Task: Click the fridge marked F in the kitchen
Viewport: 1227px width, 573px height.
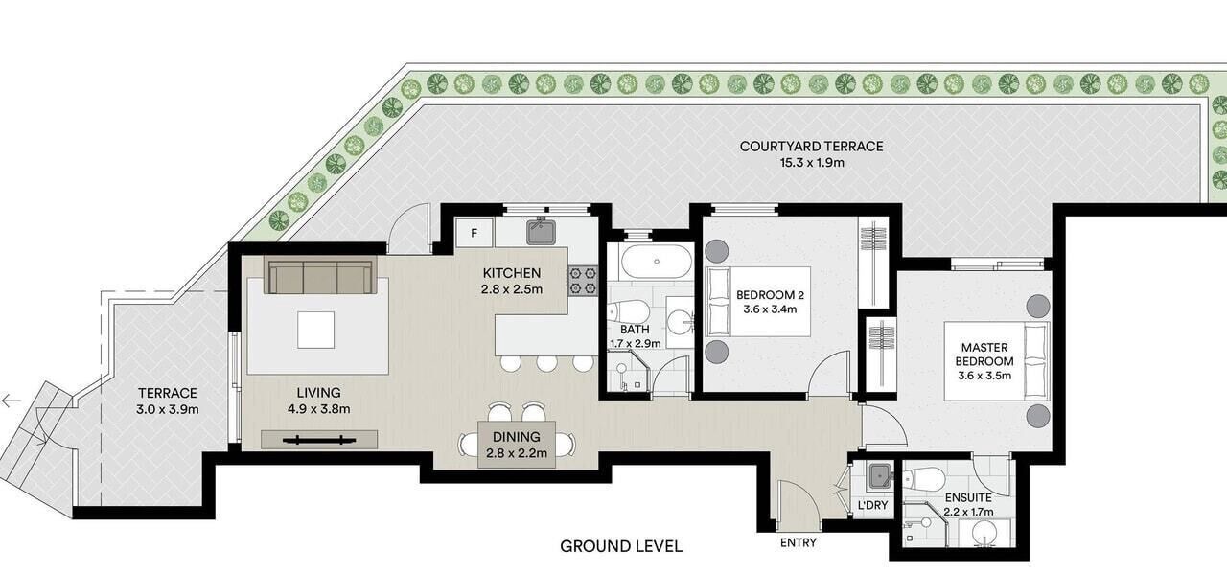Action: coord(475,233)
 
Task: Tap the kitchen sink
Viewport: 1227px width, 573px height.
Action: coord(542,232)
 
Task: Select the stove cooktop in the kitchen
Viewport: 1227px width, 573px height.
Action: coord(583,281)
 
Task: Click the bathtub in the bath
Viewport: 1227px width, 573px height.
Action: coord(657,262)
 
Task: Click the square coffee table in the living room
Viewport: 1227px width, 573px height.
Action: coord(316,330)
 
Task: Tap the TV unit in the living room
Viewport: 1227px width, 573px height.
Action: coord(319,440)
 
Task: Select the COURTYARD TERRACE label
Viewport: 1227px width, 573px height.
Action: coord(811,147)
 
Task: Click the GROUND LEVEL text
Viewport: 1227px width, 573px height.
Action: coord(621,546)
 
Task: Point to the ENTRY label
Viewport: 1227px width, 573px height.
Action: coord(799,542)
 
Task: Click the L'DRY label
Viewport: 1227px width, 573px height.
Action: coord(872,505)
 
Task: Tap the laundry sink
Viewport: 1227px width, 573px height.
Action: coord(880,476)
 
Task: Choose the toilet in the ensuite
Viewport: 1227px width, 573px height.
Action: coord(923,480)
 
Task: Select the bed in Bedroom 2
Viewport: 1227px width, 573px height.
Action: coord(757,301)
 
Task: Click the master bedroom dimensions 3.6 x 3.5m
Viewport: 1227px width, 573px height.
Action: coord(984,376)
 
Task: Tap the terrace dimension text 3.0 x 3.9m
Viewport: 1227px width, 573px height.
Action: coord(168,409)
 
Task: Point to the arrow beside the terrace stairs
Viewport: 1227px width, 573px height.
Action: coord(11,401)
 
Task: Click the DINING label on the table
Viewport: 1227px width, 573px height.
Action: coord(516,437)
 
